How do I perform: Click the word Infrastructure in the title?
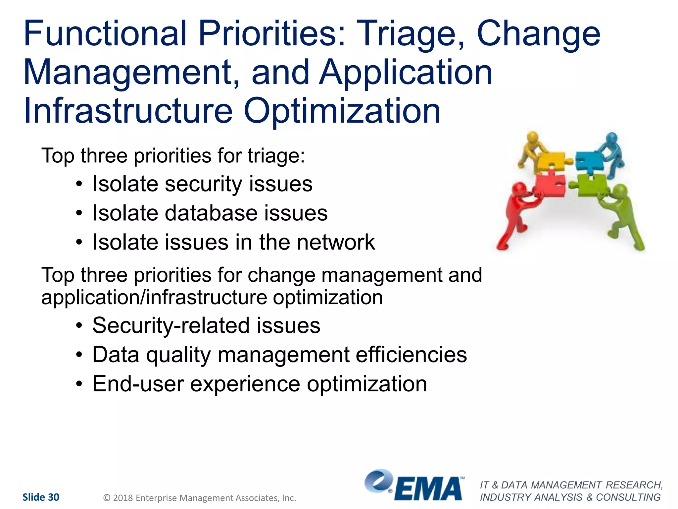[x=128, y=111]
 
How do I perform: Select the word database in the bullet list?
[x=211, y=213]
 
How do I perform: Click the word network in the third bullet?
[x=336, y=242]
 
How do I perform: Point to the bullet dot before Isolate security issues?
[x=79, y=184]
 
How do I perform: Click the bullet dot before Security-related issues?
[x=79, y=326]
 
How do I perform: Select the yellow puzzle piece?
[x=552, y=160]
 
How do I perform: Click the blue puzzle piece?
[x=590, y=161]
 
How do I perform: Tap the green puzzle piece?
[x=593, y=184]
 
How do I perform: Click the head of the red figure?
[x=519, y=190]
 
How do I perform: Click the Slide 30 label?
[x=41, y=497]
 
